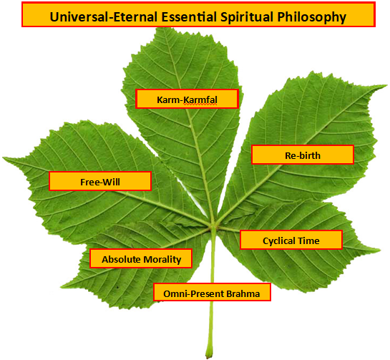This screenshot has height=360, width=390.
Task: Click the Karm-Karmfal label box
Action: pos(187,99)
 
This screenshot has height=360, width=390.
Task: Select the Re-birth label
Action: pos(303,155)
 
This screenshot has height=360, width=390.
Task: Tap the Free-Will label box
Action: pos(100,181)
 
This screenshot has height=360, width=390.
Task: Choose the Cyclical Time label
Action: pos(291,240)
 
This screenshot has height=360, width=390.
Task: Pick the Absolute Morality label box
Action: pos(141,258)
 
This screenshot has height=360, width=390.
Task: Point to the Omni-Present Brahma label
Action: pos(212,292)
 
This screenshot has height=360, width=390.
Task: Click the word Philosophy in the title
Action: pos(312,17)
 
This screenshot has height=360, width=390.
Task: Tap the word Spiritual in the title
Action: pos(247,17)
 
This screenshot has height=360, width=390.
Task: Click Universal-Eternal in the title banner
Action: pos(104,17)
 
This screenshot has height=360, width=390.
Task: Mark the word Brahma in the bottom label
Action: pos(243,294)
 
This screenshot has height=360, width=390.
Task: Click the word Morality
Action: pos(162,260)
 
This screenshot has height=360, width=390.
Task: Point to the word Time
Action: pos(309,240)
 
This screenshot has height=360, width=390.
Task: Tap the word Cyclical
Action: pos(279,241)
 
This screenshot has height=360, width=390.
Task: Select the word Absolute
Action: pos(121,260)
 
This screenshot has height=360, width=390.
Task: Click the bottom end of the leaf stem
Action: pos(209,356)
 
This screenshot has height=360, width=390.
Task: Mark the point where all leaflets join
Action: pos(213,226)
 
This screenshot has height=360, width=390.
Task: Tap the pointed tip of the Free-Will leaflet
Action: pos(4,157)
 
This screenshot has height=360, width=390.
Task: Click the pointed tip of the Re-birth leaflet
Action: pos(386,86)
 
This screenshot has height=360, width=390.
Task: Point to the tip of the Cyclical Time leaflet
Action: pos(379,250)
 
